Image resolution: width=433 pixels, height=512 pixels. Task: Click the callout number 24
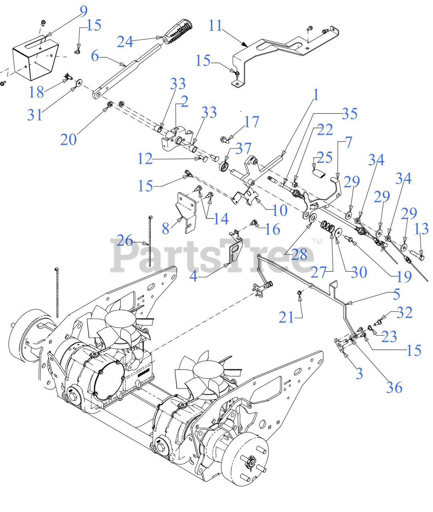tap(125, 41)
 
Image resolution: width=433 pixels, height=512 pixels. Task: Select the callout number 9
tap(83, 11)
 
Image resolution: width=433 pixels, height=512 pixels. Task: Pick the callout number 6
tap(95, 56)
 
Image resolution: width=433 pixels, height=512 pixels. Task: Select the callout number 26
tap(125, 241)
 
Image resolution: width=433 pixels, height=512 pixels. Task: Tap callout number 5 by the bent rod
tap(396, 294)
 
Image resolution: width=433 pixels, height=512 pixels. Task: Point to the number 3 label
tap(359, 373)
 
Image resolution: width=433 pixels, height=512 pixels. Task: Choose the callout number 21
tap(286, 318)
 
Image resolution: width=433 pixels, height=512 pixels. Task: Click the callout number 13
tap(421, 229)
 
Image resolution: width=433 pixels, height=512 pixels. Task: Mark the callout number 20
tap(68, 139)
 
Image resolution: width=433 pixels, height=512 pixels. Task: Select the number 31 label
tap(35, 115)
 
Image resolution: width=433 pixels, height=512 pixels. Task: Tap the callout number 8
tap(166, 228)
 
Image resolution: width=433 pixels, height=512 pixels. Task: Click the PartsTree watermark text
tap(212, 255)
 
